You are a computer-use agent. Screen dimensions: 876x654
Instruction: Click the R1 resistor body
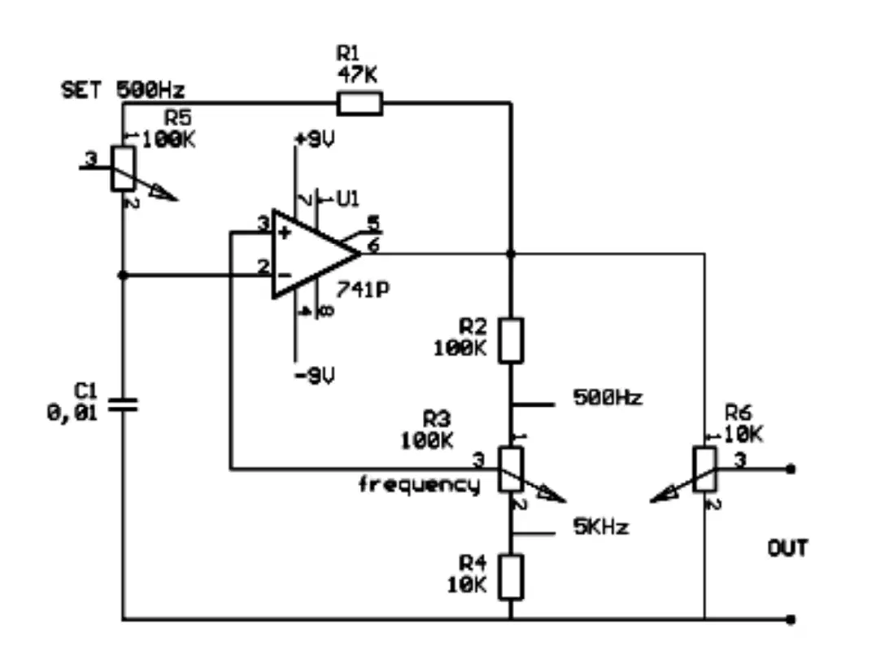point(360,104)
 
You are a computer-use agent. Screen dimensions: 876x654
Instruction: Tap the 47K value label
point(357,74)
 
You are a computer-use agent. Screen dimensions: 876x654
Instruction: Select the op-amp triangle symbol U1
point(316,254)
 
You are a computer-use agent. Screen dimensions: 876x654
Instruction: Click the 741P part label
point(363,290)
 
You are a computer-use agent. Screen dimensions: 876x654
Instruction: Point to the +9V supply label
point(315,140)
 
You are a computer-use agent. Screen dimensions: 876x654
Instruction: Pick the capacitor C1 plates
point(123,405)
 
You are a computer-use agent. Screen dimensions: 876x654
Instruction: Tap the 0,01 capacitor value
point(72,413)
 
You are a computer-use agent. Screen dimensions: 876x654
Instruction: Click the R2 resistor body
point(511,341)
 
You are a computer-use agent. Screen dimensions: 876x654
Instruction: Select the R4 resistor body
point(511,577)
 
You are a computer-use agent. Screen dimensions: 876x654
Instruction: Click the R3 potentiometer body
point(511,469)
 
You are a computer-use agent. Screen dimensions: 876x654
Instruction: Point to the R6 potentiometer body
point(704,469)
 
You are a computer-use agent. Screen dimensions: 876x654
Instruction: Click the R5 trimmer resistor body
point(123,168)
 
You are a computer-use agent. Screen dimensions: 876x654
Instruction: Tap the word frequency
point(419,485)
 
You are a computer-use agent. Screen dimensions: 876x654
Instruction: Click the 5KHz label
point(601,526)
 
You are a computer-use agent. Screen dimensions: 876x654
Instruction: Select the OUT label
point(787,548)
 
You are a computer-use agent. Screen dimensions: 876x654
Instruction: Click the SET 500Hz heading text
point(123,90)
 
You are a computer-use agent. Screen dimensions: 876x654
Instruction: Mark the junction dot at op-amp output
point(511,254)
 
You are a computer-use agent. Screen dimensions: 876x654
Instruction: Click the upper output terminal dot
point(791,469)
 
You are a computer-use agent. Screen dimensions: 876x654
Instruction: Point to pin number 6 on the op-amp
point(373,245)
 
